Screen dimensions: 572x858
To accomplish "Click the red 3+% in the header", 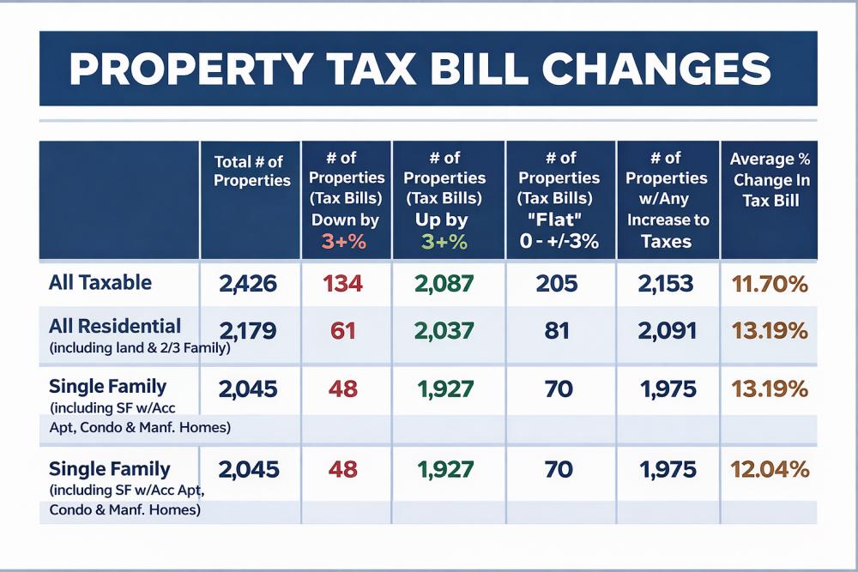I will click(x=344, y=242).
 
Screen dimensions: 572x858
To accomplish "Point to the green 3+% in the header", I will click(x=444, y=242).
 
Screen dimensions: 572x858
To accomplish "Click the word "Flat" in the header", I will click(x=560, y=220).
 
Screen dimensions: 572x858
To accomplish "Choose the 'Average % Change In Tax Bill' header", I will click(x=769, y=179).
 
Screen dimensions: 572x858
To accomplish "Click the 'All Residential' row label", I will click(x=115, y=326).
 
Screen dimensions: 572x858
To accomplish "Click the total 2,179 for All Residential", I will click(x=248, y=330).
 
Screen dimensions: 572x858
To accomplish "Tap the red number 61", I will click(x=343, y=330).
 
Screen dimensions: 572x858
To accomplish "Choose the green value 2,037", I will click(x=445, y=330).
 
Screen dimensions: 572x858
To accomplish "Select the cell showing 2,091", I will click(x=666, y=330).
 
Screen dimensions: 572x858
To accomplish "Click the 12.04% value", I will click(x=769, y=470).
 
